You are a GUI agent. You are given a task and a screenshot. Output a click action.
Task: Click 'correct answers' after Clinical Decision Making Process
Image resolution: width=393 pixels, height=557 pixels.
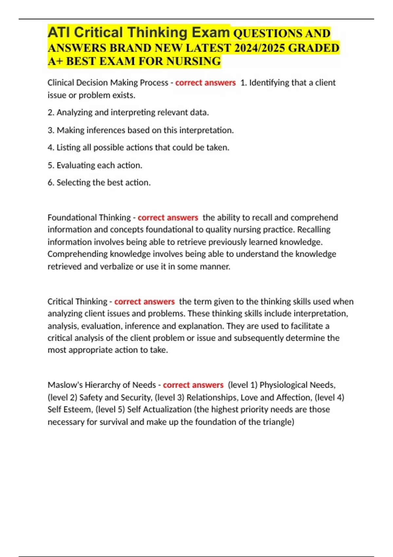click(205, 83)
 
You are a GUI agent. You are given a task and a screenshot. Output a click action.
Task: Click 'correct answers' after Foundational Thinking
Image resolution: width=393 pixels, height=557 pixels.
click(168, 218)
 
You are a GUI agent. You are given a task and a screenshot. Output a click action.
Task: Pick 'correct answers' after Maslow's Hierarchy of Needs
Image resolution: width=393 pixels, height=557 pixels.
click(193, 385)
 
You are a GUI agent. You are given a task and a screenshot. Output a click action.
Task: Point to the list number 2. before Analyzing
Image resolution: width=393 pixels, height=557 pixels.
click(51, 113)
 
